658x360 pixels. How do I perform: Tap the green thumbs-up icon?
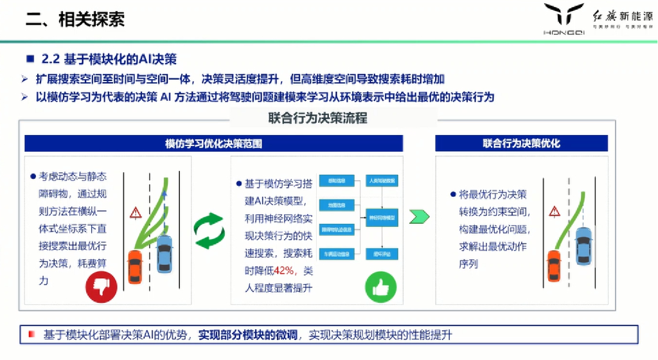380,286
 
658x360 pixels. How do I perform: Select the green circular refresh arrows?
209,230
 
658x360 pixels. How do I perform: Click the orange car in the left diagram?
135,265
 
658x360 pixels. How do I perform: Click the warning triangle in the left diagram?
135,212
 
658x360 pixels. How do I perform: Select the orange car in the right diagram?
554,265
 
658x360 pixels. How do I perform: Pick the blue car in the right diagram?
583,243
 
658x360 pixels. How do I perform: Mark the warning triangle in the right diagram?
554,211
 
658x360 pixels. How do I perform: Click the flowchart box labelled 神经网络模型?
382,217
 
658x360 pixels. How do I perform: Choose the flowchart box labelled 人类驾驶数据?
382,180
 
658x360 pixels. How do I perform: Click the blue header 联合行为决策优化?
521,143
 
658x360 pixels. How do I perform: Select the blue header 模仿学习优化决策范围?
213,143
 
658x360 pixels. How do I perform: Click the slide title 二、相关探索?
75,19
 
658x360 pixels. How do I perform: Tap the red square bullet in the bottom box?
31,334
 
